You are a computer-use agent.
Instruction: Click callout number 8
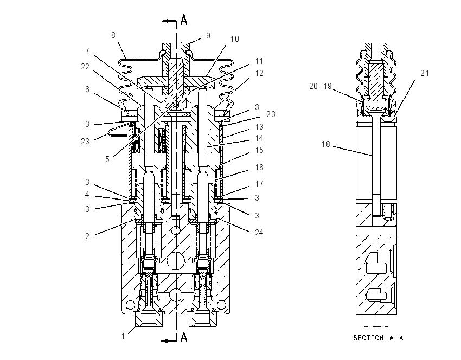[x=113, y=35]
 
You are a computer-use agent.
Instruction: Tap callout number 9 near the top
[x=208, y=36]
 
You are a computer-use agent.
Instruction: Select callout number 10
[x=235, y=39]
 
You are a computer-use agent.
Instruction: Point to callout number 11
[x=259, y=61]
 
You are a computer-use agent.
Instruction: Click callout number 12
[x=259, y=73]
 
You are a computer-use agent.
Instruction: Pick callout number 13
[x=259, y=127]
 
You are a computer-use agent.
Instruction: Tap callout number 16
[x=259, y=168]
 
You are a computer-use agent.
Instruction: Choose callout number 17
[x=259, y=184]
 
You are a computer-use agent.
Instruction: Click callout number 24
[x=259, y=233]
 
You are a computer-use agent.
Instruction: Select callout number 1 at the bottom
[x=123, y=336]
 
